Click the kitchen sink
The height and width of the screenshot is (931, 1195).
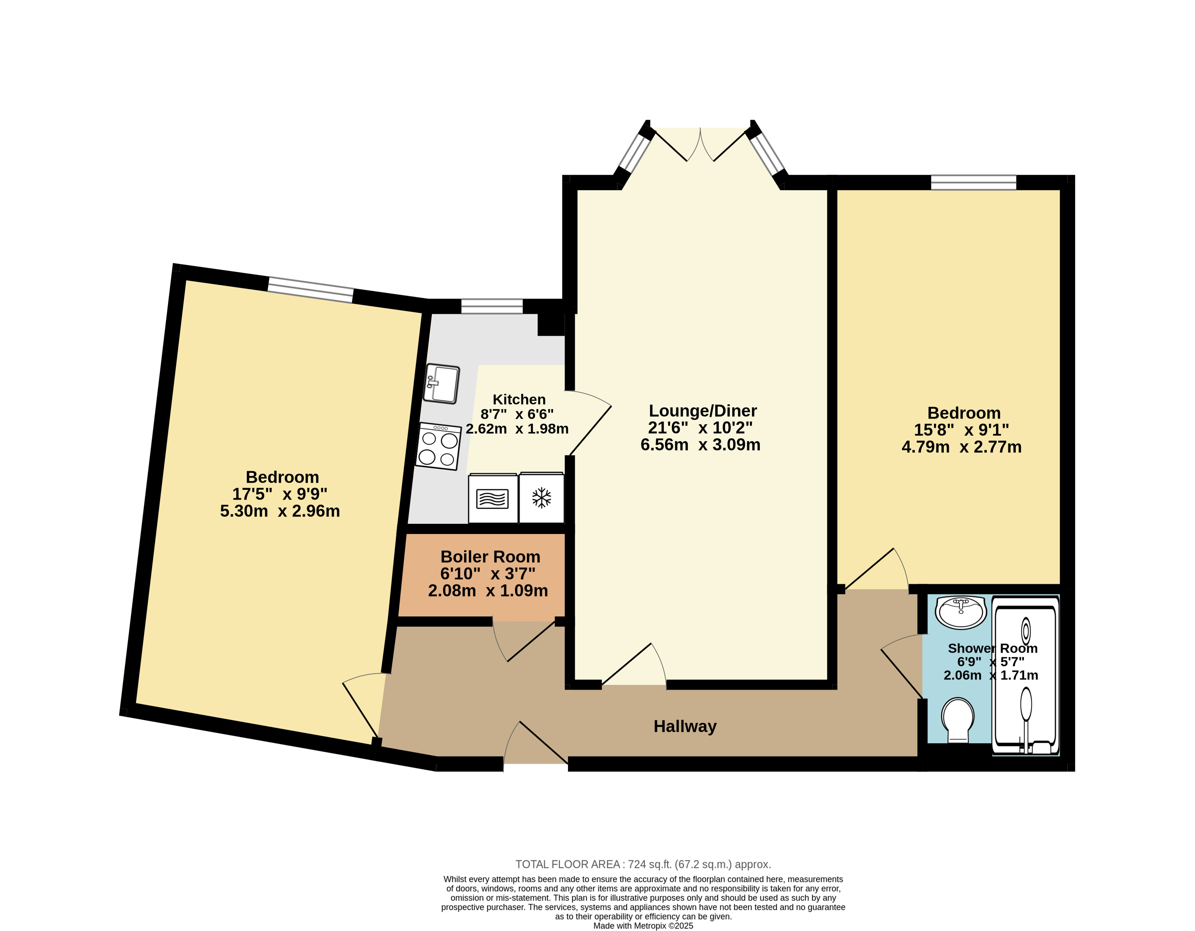[x=442, y=384]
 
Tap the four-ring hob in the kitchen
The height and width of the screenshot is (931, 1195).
[x=438, y=446]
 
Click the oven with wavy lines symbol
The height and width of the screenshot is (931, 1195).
[x=492, y=498]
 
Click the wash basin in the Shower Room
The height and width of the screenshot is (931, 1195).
[x=961, y=612]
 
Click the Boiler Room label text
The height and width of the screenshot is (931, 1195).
[x=490, y=556]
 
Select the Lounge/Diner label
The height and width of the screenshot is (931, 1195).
[x=703, y=411]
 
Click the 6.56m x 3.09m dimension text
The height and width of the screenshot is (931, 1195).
[x=700, y=444]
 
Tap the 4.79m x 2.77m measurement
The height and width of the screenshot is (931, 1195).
[x=961, y=447]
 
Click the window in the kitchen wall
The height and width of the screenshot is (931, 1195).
[x=492, y=306]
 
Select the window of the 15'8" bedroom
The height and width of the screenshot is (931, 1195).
[x=974, y=182]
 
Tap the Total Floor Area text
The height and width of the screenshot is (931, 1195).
[x=643, y=864]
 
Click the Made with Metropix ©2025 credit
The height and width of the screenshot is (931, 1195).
[x=643, y=926]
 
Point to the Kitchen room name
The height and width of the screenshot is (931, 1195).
[x=519, y=400]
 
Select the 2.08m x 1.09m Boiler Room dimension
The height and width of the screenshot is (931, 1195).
[x=488, y=590]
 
